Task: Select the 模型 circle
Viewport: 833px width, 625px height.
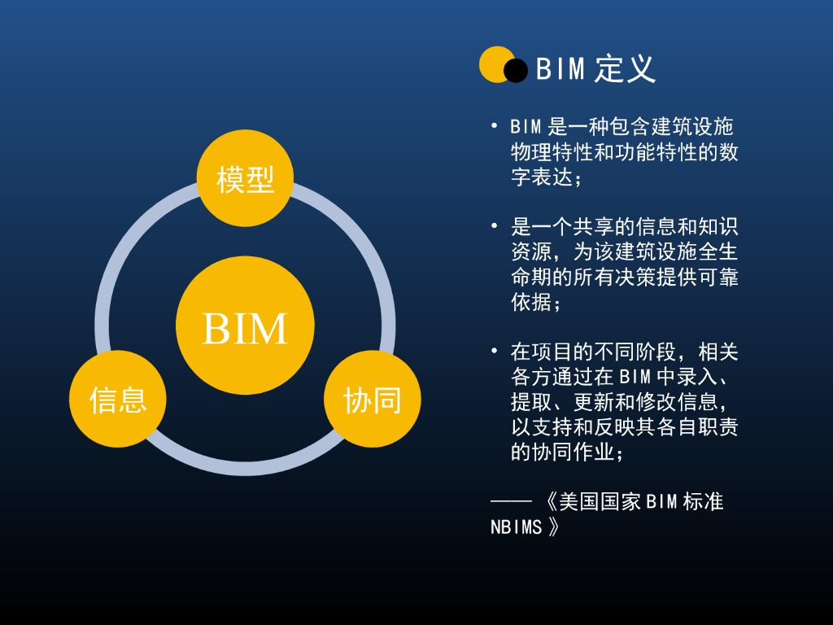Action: [245, 178]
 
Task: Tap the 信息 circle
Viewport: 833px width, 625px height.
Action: [118, 399]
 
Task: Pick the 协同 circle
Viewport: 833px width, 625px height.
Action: [372, 399]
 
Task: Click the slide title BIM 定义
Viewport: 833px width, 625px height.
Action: [595, 69]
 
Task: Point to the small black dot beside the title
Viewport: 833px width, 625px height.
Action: [516, 72]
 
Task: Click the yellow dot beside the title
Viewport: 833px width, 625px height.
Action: [495, 64]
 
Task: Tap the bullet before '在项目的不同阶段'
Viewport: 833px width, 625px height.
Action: [494, 351]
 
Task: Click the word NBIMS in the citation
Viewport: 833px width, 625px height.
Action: [516, 527]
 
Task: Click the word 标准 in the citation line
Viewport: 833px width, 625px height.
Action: [703, 501]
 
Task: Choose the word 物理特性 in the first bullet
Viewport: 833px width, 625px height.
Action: [552, 151]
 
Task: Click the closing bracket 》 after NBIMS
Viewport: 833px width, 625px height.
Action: [553, 527]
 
